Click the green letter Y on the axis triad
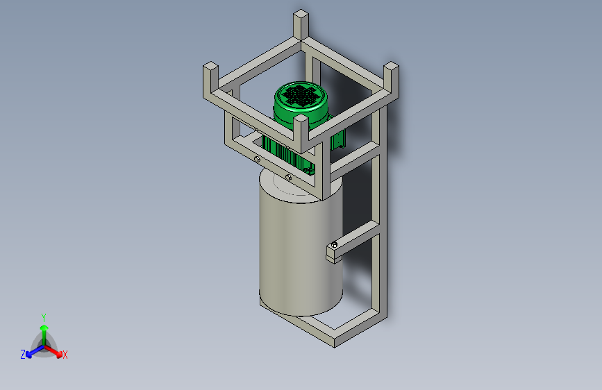44,318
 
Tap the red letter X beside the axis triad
65,355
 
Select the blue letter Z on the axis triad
23,355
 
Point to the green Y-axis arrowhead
44,328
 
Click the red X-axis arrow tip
59,355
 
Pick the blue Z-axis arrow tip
28,355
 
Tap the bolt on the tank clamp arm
334,244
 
